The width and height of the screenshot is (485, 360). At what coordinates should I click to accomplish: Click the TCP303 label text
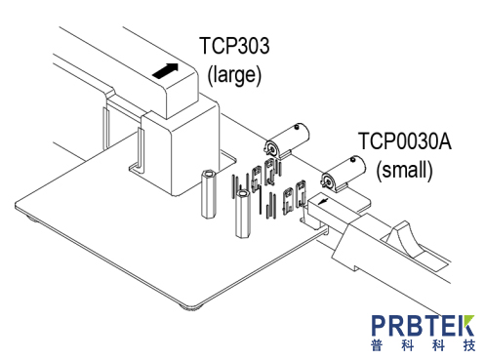click(234, 46)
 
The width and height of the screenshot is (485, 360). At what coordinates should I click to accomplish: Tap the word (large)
click(234, 75)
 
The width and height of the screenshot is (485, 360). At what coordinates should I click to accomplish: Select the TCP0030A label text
click(405, 140)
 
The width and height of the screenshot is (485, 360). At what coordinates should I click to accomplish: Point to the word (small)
click(404, 170)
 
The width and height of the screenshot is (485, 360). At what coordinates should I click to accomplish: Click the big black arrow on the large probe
click(166, 70)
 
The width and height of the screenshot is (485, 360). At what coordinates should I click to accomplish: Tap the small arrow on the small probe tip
click(323, 202)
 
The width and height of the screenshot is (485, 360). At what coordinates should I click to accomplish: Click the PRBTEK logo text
click(423, 326)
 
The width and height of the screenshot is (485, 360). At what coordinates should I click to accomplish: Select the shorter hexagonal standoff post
click(208, 193)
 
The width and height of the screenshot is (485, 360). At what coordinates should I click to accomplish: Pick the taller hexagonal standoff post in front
click(243, 214)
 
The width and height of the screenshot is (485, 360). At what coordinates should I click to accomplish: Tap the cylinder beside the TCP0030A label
click(344, 174)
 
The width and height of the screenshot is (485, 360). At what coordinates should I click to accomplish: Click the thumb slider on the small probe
click(403, 238)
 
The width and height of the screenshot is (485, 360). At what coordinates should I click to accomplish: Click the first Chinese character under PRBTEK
click(377, 345)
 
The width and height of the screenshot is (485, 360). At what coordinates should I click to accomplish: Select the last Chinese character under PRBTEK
click(469, 345)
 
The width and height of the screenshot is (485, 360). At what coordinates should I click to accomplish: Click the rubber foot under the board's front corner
click(192, 307)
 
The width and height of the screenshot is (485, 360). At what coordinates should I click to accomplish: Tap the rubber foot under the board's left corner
click(32, 219)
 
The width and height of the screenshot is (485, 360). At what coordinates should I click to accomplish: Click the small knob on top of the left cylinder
click(297, 127)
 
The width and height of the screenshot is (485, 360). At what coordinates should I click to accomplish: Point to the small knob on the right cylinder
click(353, 159)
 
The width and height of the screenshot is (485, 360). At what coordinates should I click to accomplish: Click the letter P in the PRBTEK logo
click(379, 326)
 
